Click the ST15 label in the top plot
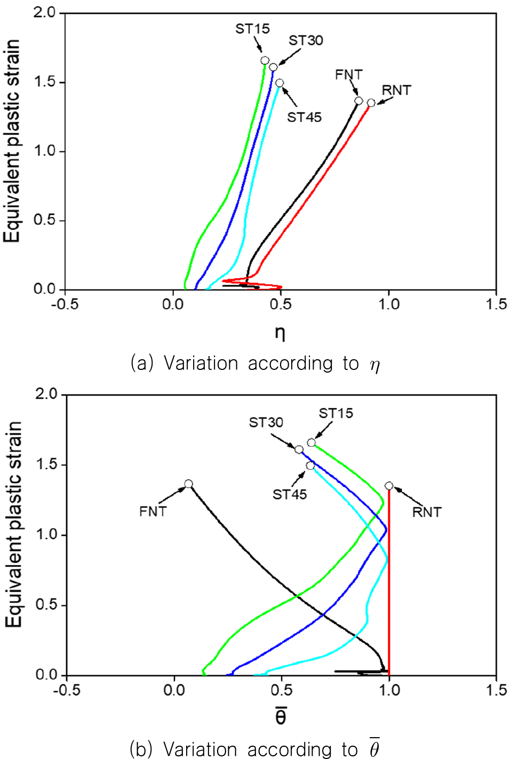[253, 29]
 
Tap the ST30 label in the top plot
[306, 41]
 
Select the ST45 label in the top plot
[305, 117]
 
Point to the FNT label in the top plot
[349, 75]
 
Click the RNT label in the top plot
[396, 91]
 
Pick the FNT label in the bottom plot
[153, 511]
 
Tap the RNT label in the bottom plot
[427, 512]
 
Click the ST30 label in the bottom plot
[266, 423]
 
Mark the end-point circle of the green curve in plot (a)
[265, 61]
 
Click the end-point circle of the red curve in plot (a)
[371, 103]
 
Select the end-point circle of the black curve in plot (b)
[188, 483]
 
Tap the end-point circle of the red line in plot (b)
[389, 486]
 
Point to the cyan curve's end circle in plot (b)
[310, 465]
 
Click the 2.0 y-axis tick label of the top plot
[44, 13]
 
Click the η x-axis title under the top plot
[280, 334]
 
